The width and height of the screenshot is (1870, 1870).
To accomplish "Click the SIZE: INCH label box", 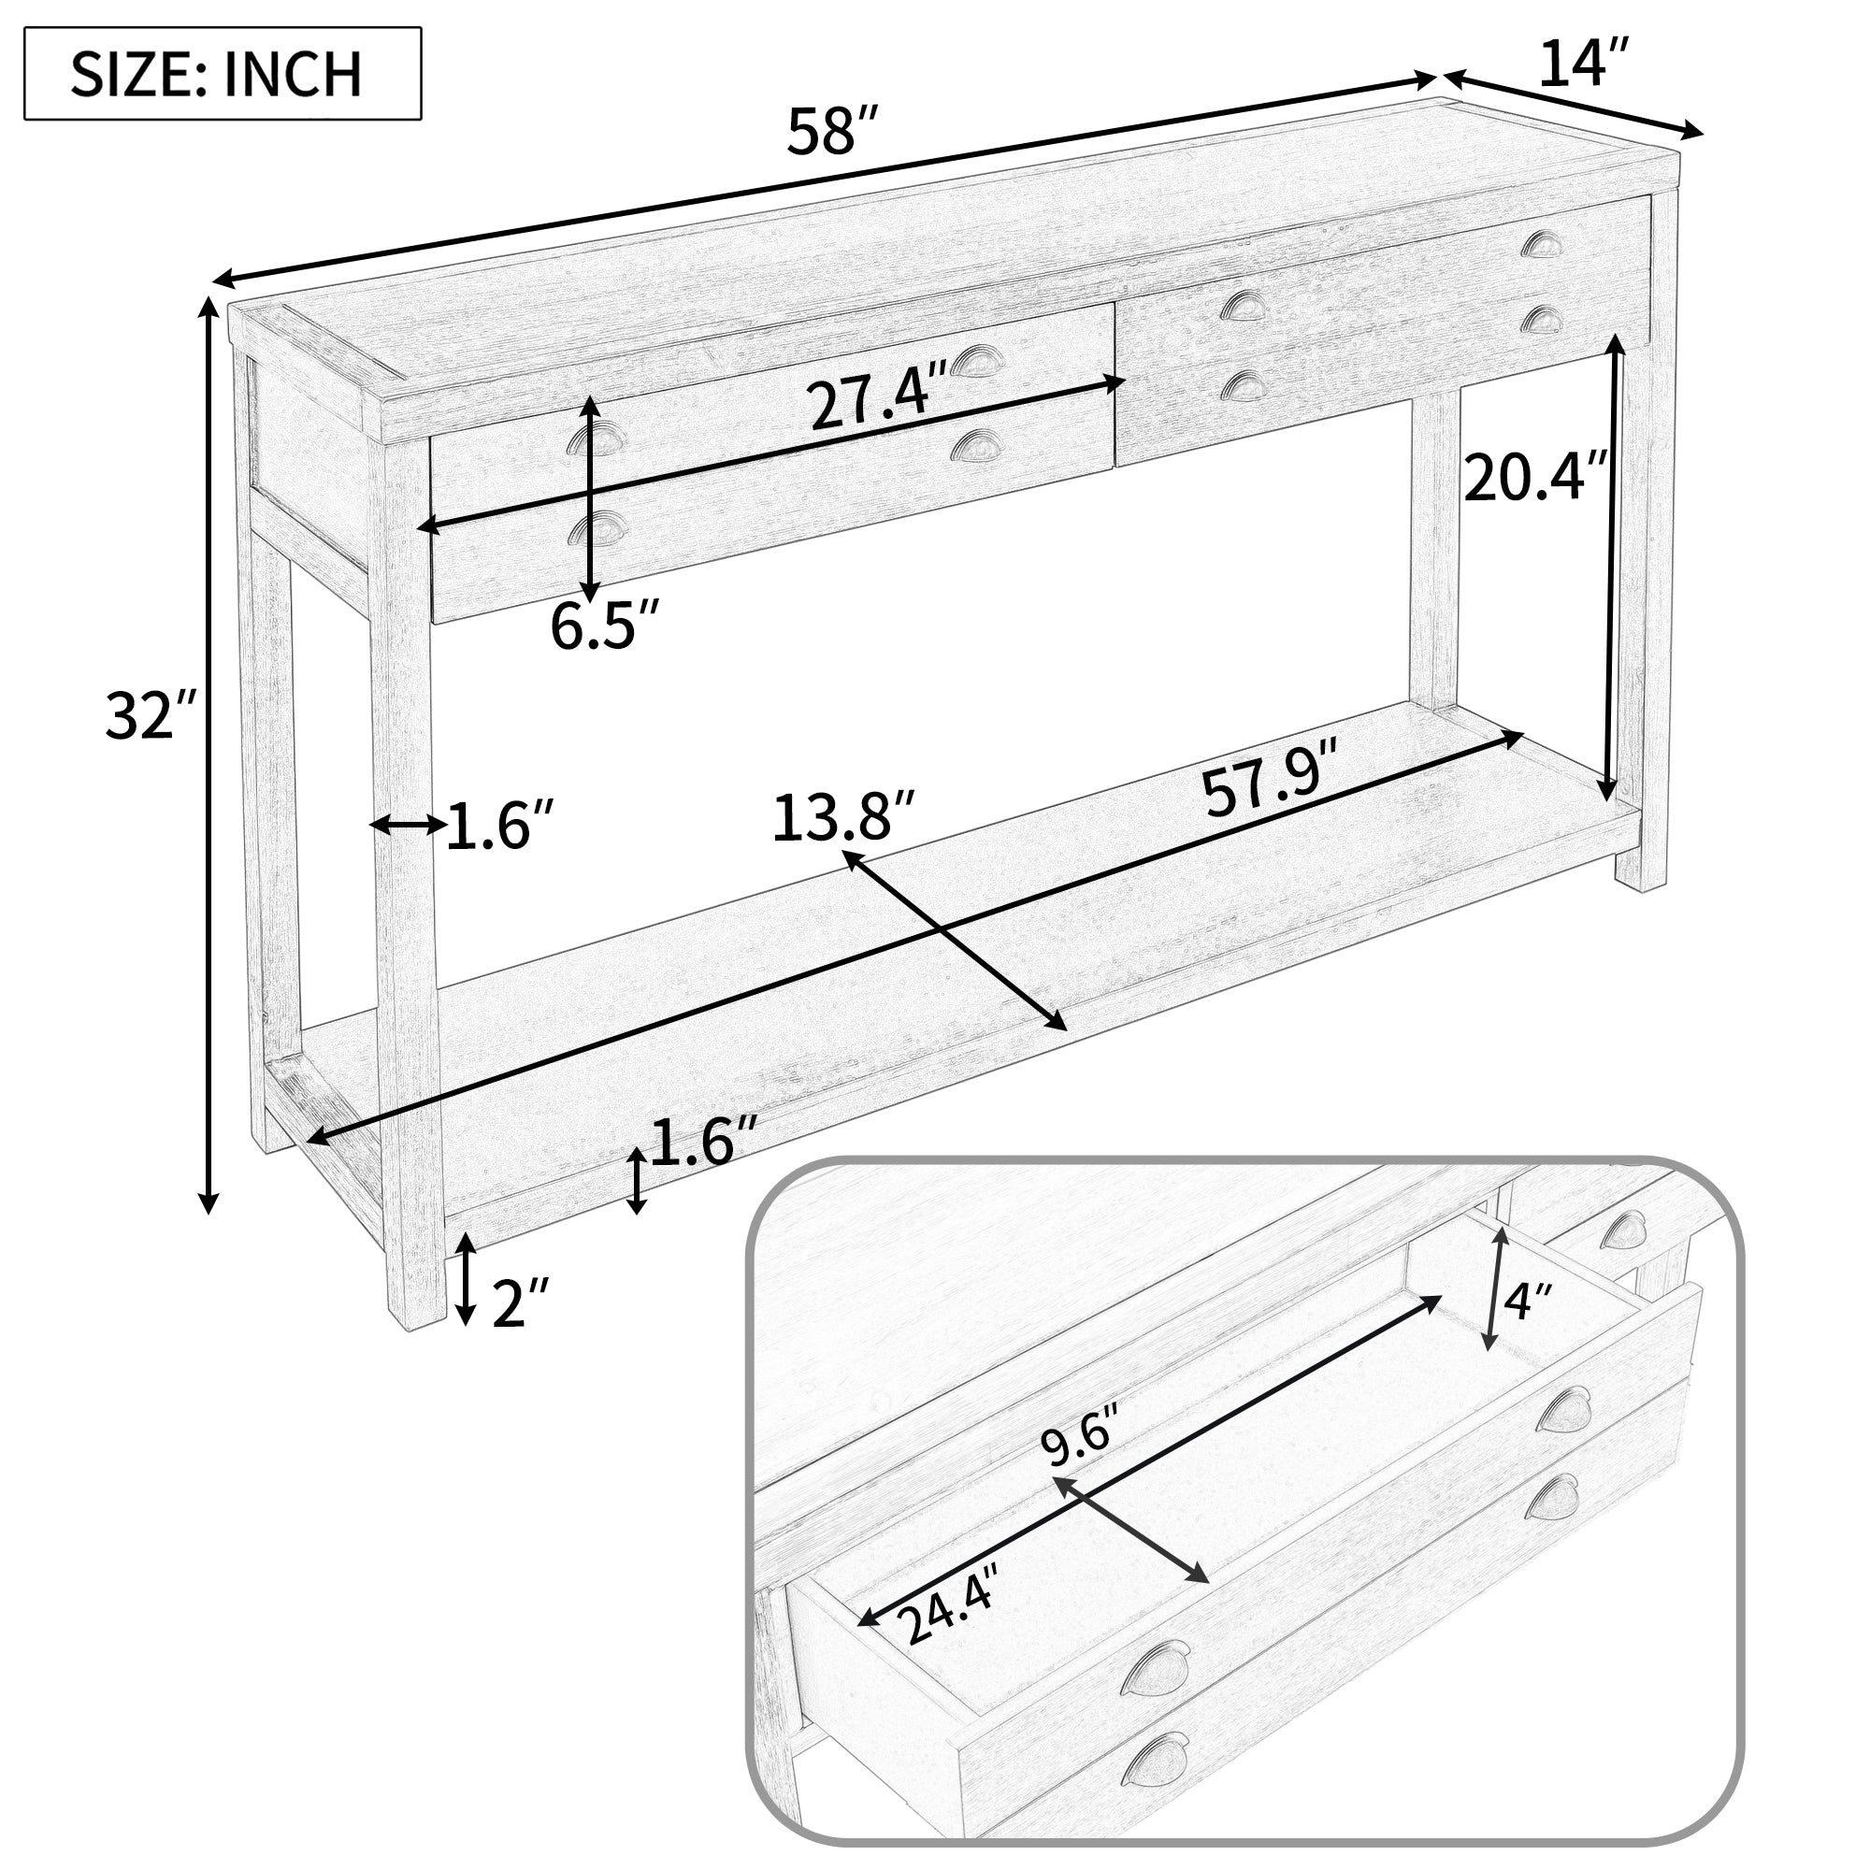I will click(222, 74).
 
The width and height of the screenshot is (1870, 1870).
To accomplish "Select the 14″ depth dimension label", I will click(1584, 64).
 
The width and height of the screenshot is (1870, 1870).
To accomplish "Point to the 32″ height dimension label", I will click(150, 716).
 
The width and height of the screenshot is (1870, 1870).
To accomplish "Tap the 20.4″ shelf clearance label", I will click(1535, 478).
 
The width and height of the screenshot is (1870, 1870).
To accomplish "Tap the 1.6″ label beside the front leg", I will click(499, 826).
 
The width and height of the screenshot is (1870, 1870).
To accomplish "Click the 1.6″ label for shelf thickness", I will click(703, 1144).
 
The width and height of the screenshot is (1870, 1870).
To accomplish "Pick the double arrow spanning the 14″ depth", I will click(1573, 104).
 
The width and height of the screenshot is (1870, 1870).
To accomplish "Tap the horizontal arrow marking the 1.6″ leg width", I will click(408, 825).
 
